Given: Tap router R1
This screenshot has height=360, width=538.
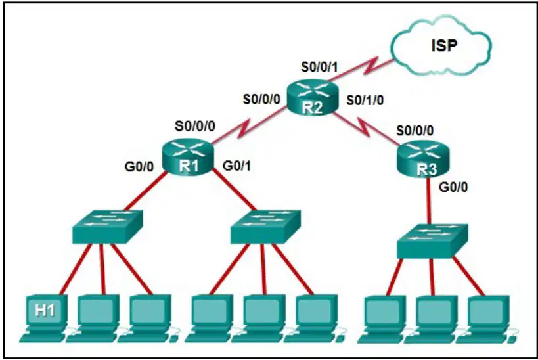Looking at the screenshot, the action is (x=188, y=157).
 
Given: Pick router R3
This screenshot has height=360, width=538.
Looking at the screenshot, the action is (x=423, y=160).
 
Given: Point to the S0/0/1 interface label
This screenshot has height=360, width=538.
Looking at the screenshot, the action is (x=319, y=67).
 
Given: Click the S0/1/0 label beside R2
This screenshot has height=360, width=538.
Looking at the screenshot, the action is (x=365, y=101).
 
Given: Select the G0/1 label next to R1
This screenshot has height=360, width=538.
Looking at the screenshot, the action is (x=236, y=166).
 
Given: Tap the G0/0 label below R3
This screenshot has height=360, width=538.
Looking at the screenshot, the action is (x=453, y=187).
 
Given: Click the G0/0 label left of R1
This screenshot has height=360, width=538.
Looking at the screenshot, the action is (x=139, y=167).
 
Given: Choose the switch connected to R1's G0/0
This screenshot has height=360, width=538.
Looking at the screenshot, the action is (x=107, y=227).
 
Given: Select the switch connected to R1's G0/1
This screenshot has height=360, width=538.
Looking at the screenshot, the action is (x=265, y=227).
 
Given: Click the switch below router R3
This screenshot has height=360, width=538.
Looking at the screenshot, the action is (x=432, y=241).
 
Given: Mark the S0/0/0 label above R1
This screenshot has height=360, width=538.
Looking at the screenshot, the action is (x=195, y=126).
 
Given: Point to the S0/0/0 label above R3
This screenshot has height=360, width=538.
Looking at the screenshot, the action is (x=415, y=131).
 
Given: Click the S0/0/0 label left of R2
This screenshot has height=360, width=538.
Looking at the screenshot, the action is (x=262, y=99).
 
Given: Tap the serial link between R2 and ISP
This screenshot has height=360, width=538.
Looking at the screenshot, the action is (x=361, y=71).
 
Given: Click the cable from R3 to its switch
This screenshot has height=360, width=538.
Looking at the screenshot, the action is (x=429, y=200).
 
